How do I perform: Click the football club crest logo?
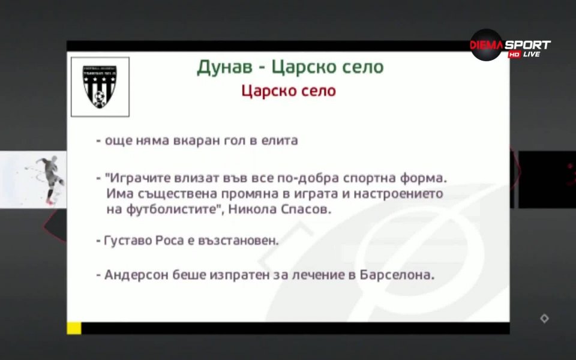tap(100, 86)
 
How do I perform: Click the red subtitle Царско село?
tap(289, 91)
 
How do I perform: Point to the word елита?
tap(278, 141)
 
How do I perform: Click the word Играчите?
tap(135, 179)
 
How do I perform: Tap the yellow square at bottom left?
tap(74, 328)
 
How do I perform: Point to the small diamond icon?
tap(544, 319)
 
